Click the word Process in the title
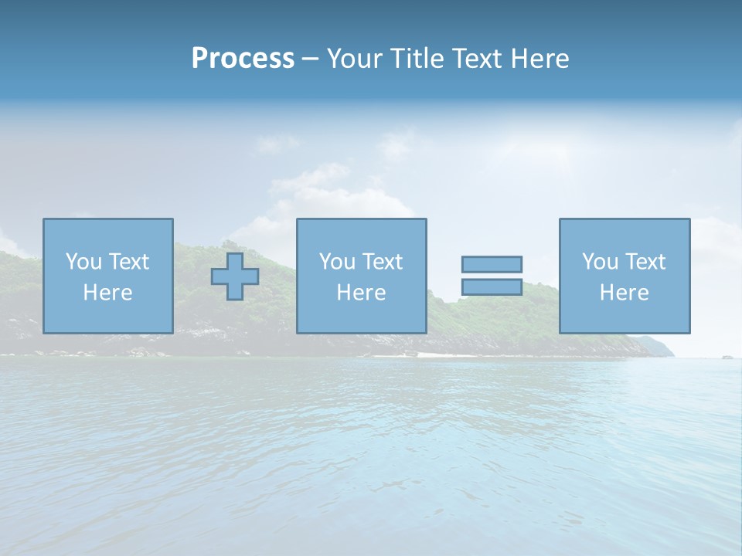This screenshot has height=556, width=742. pos(243,59)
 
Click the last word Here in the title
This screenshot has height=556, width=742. pos(540,59)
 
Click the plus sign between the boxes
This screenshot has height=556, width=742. pos(235,276)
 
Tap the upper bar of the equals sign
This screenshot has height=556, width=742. pos(492,264)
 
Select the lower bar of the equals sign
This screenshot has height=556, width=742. pos(492,286)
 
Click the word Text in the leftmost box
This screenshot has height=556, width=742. pos(129,262)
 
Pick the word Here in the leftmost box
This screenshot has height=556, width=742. pos(107,293)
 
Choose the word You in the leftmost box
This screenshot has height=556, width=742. pos(84,262)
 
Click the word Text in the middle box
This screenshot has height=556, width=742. pos(383,262)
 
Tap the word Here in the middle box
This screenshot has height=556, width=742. pos(361,293)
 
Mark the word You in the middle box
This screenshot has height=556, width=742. pos(338,262)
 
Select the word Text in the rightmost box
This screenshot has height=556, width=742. pos(645,262)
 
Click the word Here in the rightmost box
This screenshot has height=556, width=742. pos(624,293)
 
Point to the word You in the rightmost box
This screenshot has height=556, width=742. pos(601,262)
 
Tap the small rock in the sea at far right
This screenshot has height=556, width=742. pos(727,357)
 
